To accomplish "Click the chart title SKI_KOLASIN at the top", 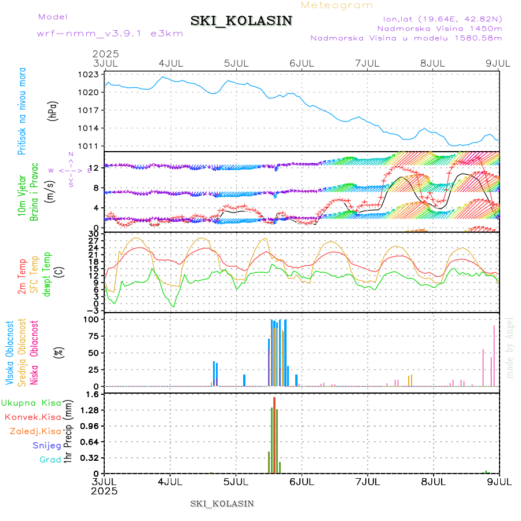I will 241,21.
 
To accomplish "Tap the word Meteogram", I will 337,5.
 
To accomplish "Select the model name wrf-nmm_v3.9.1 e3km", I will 110,33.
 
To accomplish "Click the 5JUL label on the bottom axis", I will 236,481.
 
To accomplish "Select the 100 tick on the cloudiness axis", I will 93,319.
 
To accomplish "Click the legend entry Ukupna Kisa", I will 31,402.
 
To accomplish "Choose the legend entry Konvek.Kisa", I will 32,417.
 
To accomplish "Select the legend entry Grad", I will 50,460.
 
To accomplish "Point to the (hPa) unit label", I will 53,111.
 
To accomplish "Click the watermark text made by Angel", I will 510,347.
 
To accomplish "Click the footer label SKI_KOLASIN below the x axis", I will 222,504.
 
